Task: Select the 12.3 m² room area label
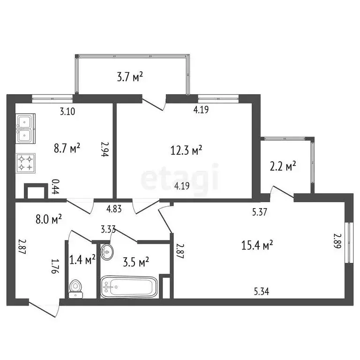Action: (x=186, y=150)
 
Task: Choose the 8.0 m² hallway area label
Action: (x=49, y=219)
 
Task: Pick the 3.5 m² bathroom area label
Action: (x=136, y=261)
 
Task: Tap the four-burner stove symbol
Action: (x=25, y=163)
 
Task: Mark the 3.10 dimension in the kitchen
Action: (x=68, y=112)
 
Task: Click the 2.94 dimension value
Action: (x=105, y=150)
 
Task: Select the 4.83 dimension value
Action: (x=114, y=209)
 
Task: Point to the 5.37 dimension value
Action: (x=260, y=212)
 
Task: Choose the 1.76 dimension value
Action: (x=55, y=266)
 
